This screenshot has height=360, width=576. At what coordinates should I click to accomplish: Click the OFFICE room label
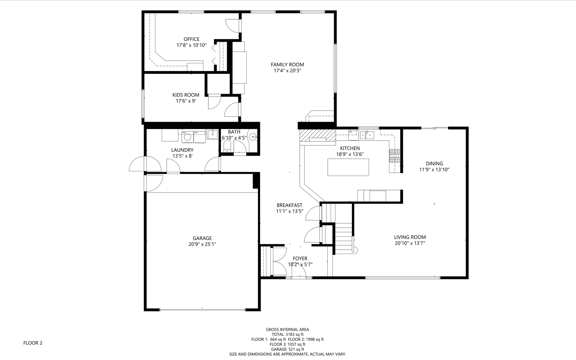pyautogui.click(x=191, y=39)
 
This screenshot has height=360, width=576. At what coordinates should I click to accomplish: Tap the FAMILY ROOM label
pyautogui.click(x=287, y=65)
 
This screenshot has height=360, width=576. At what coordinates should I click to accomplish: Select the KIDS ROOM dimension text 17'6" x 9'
pyautogui.click(x=186, y=101)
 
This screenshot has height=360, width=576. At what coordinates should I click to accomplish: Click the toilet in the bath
pyautogui.click(x=227, y=146)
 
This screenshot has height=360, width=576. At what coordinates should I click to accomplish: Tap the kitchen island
pyautogui.click(x=348, y=167)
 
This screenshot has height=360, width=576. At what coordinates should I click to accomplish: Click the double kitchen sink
pyautogui.click(x=367, y=135)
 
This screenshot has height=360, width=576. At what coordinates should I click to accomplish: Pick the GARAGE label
pyautogui.click(x=202, y=238)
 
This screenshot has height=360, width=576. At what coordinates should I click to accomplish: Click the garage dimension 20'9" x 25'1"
pyautogui.click(x=202, y=244)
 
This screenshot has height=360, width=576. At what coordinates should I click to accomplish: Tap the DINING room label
pyautogui.click(x=434, y=164)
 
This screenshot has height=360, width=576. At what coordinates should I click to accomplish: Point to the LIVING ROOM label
pyautogui.click(x=410, y=237)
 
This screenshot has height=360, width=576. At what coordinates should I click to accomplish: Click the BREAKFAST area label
pyautogui.click(x=289, y=205)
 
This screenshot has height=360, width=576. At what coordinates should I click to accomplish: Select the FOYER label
pyautogui.click(x=300, y=259)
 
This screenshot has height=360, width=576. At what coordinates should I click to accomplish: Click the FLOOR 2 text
pyautogui.click(x=33, y=343)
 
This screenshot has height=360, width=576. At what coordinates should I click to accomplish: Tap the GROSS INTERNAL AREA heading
pyautogui.click(x=287, y=330)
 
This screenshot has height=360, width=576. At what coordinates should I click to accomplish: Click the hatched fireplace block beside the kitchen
pyautogui.click(x=317, y=136)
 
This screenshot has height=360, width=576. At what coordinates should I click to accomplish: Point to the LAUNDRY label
pyautogui.click(x=182, y=150)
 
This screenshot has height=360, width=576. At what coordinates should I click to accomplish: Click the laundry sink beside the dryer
pyautogui.click(x=212, y=134)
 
